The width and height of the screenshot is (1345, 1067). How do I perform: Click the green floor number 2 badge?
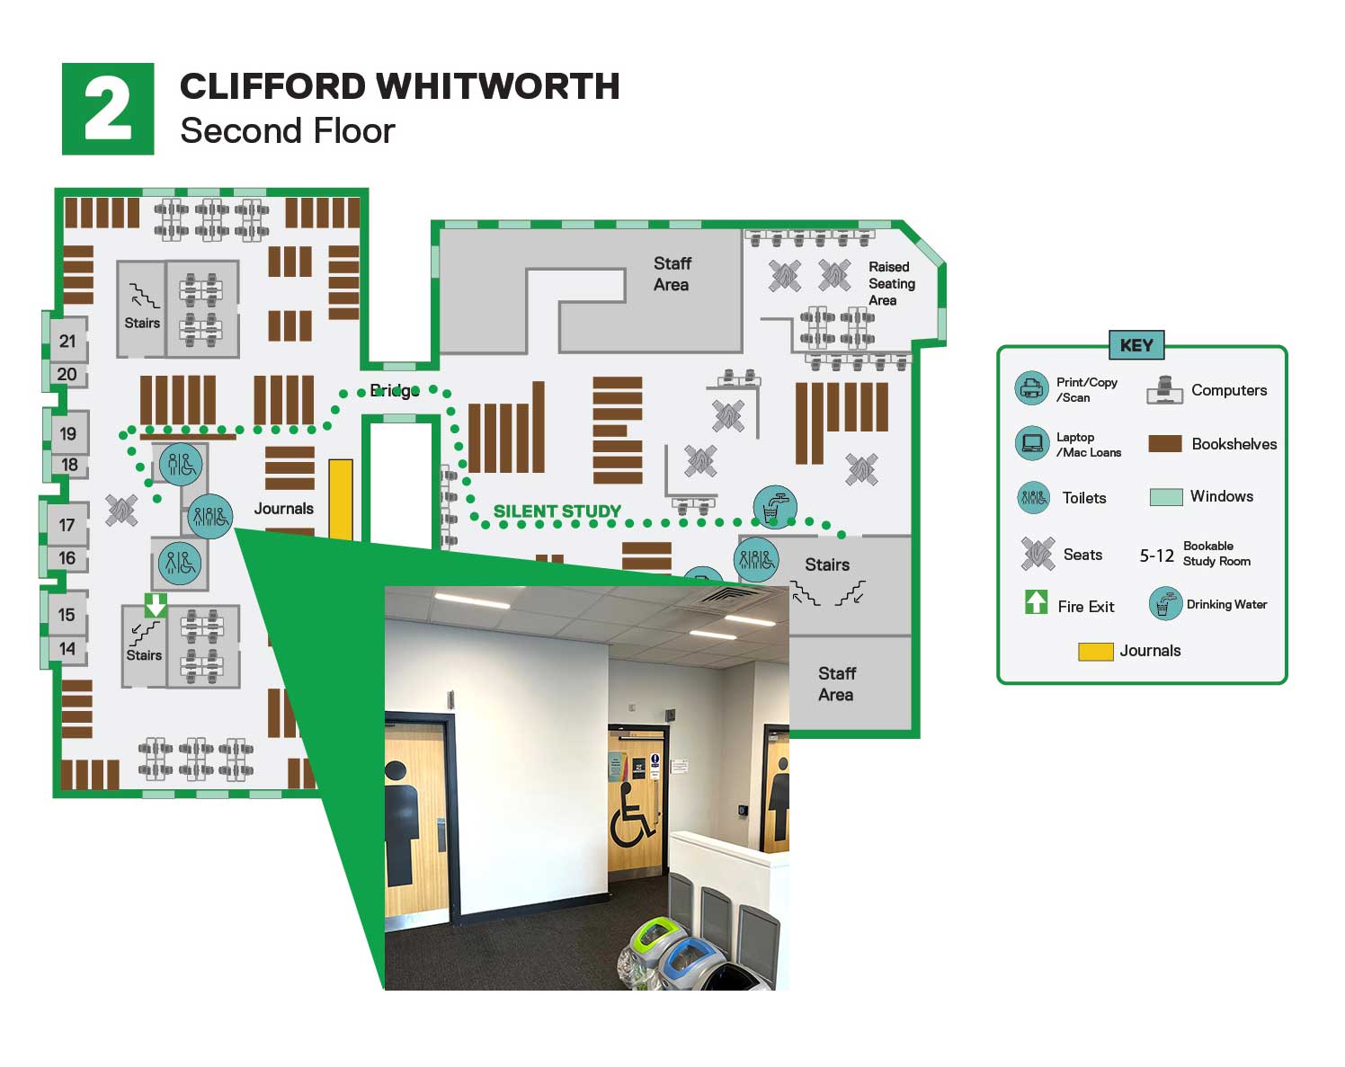[108, 109]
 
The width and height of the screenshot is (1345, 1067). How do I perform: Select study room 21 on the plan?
[67, 341]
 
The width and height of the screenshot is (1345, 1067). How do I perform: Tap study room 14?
[67, 649]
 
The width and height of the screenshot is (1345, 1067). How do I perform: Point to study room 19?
[68, 434]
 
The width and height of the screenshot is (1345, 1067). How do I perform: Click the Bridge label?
[394, 390]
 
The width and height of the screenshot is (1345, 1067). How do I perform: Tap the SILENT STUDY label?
[557, 511]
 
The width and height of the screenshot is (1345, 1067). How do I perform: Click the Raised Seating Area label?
[890, 283]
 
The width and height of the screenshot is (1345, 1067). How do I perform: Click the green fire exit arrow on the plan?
[156, 604]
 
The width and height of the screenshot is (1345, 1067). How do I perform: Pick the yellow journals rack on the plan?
[340, 499]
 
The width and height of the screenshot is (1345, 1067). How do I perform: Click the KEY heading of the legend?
[1136, 345]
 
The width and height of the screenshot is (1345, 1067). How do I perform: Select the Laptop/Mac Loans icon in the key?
[1031, 443]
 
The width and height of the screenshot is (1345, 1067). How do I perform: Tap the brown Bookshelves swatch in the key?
[1165, 443]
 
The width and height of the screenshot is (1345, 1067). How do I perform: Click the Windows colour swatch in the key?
[1165, 496]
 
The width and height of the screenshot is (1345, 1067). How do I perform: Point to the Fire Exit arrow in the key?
[1036, 601]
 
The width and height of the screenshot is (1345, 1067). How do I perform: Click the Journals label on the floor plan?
[283, 509]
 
